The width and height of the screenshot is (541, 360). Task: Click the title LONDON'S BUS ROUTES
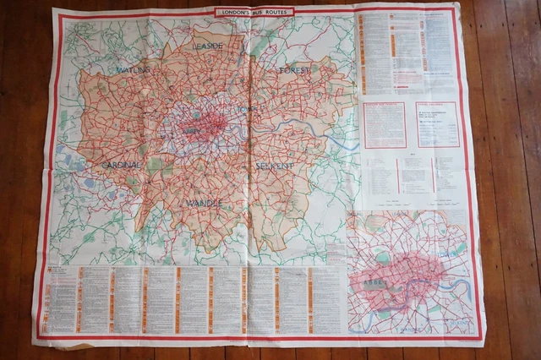(x=254, y=12)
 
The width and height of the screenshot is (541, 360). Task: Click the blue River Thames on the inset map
(x=456, y=292)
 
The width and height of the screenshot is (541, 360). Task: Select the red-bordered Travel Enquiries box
(x=437, y=123)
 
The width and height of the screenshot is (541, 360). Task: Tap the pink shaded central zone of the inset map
(x=406, y=275)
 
